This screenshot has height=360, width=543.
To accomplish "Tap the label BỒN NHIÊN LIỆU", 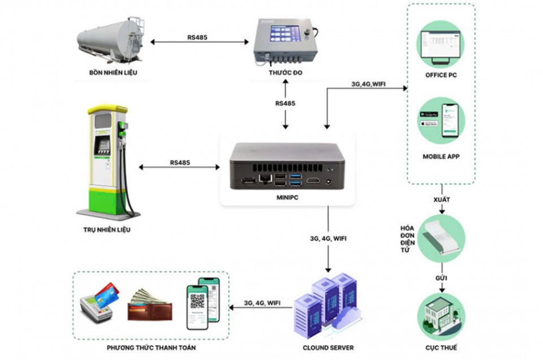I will pos(113,73).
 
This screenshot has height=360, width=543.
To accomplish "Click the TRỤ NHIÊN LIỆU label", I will pos(107,230).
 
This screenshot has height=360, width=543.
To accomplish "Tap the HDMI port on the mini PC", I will pos(313,181).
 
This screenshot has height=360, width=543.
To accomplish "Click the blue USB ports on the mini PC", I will pos(295,181).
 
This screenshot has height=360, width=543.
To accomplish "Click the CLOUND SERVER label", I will pos(329,347).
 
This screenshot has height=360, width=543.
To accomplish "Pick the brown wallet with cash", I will pos(150,306).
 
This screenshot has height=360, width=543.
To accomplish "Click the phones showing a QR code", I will pos(202,303).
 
